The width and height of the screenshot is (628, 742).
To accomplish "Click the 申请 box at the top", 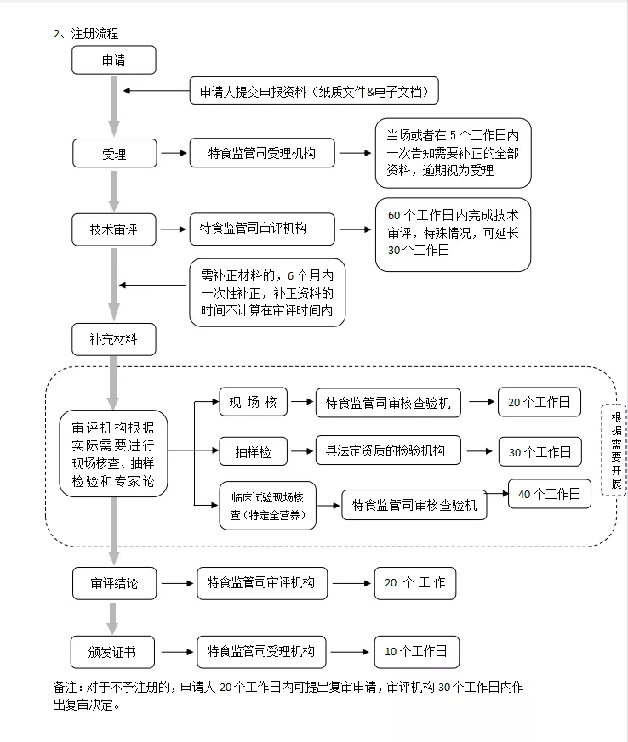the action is pyautogui.click(x=114, y=60).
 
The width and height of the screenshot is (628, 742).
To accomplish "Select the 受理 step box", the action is pyautogui.click(x=115, y=153).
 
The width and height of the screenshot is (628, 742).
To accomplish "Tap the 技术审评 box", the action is pyautogui.click(x=114, y=229).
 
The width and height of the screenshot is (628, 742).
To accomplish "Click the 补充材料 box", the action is pyautogui.click(x=114, y=339).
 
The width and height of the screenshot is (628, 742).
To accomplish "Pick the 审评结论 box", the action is pyautogui.click(x=114, y=583).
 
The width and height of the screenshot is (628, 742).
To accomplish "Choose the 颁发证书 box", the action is pyautogui.click(x=112, y=652).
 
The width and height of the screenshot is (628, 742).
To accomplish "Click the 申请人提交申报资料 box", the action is pyautogui.click(x=314, y=90).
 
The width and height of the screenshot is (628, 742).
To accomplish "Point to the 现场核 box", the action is pyautogui.click(x=254, y=402).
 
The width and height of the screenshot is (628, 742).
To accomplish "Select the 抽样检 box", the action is pyautogui.click(x=254, y=451).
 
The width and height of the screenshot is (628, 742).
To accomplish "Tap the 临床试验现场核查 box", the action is pyautogui.click(x=267, y=506).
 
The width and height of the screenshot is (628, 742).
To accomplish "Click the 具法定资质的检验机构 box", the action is pyautogui.click(x=388, y=450).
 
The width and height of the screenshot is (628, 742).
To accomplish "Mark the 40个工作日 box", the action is pyautogui.click(x=550, y=494).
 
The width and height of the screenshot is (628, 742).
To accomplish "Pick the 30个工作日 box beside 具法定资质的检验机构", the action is pyautogui.click(x=540, y=451).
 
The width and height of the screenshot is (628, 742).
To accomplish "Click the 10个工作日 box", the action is pyautogui.click(x=417, y=652).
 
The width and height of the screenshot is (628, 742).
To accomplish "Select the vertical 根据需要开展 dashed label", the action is pyautogui.click(x=615, y=450).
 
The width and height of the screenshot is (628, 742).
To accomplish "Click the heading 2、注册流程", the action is pyautogui.click(x=86, y=34).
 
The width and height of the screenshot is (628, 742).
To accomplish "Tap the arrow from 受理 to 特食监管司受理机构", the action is pyautogui.click(x=174, y=153).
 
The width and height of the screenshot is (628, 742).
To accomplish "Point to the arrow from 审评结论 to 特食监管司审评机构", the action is pyautogui.click(x=177, y=583).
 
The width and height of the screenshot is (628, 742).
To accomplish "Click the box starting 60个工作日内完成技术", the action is pyautogui.click(x=453, y=235).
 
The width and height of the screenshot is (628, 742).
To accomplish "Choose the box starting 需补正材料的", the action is pyautogui.click(x=267, y=292).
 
